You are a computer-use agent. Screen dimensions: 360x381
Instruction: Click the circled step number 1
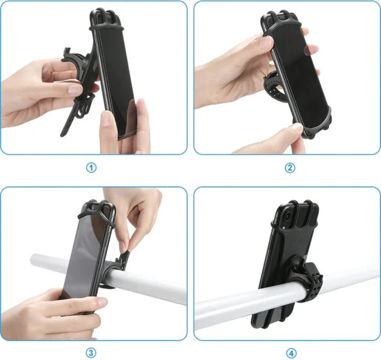coord(91,167)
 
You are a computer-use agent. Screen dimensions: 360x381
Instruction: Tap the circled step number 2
coord(290,167)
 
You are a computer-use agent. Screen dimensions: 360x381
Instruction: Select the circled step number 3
coord(91,352)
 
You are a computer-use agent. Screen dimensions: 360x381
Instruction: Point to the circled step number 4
coord(290,352)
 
